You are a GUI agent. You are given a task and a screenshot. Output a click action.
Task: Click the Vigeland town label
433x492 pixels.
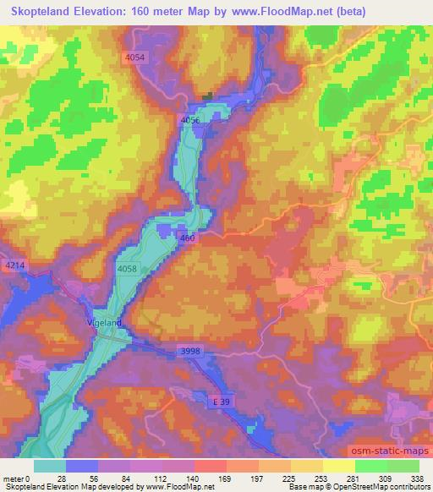(x=104, y=323)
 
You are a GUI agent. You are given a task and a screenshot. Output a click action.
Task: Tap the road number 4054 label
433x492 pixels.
(x=134, y=57)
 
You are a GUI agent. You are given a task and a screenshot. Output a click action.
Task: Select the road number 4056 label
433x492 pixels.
(x=190, y=121)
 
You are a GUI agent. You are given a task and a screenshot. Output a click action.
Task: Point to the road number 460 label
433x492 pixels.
(x=188, y=240)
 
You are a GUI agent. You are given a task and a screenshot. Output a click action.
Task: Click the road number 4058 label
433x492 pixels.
(x=127, y=269)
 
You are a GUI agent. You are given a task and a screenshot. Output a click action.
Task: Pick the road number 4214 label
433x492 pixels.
(x=15, y=265)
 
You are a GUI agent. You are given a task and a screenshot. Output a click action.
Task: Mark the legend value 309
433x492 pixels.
(x=385, y=478)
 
